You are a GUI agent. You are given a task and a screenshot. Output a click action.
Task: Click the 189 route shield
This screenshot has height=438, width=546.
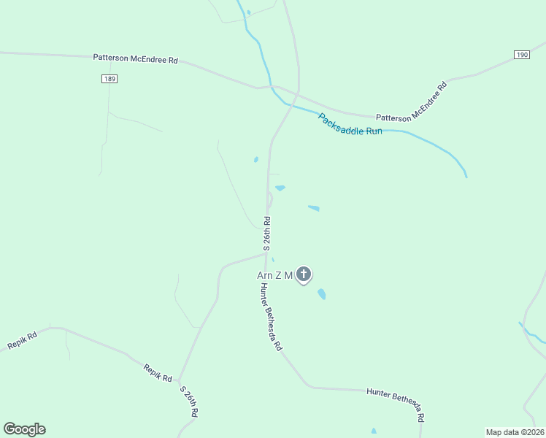point(109,79)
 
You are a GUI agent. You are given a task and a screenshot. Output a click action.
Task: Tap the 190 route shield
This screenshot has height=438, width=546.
point(521,55)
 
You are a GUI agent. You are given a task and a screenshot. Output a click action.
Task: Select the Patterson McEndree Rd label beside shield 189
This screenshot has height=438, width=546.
point(135,58)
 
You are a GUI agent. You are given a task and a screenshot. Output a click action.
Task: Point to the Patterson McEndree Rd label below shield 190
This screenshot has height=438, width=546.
point(411,102)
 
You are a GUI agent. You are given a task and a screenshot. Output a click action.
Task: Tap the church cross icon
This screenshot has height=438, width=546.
point(304,274)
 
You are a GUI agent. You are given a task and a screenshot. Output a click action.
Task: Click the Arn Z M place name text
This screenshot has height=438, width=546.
point(274,275)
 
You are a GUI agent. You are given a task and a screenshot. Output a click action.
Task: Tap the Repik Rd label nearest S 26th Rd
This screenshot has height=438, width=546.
point(157,374)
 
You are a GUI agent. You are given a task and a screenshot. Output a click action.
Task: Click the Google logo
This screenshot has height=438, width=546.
point(24,429)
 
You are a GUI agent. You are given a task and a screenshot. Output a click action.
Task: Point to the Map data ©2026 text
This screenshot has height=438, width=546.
point(515,431)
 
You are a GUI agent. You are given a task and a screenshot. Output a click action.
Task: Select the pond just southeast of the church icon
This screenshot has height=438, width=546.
point(321,294)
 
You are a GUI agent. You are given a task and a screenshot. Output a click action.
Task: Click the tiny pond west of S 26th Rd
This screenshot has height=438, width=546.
point(255,159)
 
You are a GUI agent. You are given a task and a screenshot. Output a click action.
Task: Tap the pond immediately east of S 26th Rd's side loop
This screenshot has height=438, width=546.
point(280,188)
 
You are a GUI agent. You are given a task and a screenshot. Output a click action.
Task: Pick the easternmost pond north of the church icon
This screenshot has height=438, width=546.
point(314,208)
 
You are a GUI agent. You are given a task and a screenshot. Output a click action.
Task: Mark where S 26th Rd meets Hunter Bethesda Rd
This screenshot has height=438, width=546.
point(266,254)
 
